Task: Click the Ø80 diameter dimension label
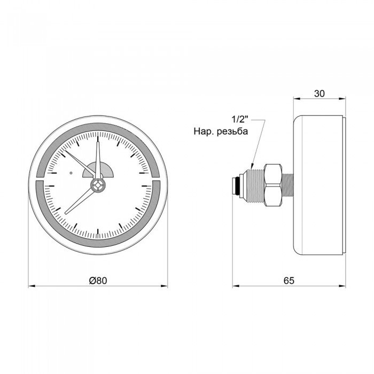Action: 98,280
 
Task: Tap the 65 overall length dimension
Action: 289,280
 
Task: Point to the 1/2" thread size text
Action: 240,120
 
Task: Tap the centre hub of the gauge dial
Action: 98,185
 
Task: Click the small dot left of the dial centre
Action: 71,173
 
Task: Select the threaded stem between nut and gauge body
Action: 287,184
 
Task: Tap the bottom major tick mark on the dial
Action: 98,233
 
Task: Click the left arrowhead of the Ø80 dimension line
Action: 30,286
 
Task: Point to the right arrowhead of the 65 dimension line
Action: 344,286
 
